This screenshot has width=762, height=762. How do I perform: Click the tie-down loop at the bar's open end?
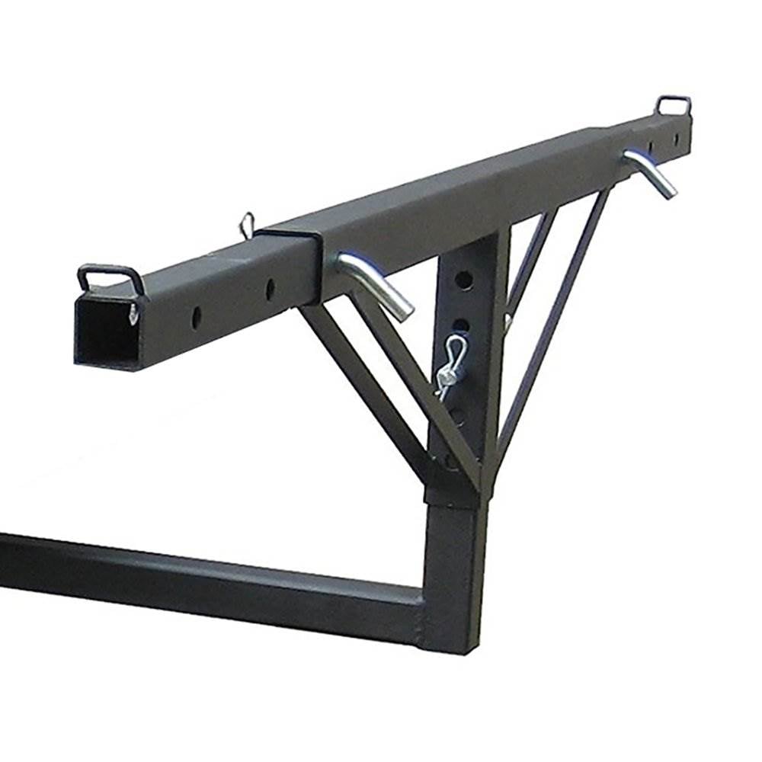(x=111, y=276)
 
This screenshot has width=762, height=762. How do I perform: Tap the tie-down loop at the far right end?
(x=674, y=104)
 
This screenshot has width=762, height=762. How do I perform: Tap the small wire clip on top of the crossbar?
(x=246, y=224)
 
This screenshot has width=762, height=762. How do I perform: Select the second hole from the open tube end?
(x=270, y=289)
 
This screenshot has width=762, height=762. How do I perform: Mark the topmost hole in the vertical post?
(x=466, y=280)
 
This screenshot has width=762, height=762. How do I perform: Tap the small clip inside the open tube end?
(x=135, y=312)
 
